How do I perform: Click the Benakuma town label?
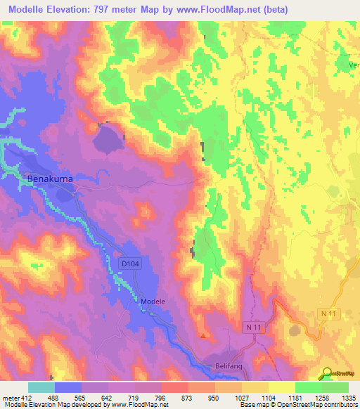[x=50, y=179]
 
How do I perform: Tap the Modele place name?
[x=153, y=301]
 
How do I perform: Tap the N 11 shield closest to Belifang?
[x=253, y=327]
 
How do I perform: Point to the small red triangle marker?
[x=204, y=335]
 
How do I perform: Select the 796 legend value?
[x=160, y=397]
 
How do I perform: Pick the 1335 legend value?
[x=349, y=397]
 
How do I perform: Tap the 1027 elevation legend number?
[x=241, y=397]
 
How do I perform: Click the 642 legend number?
[x=107, y=397]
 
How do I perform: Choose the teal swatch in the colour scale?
[x=41, y=387]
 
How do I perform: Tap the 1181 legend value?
[x=295, y=397]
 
